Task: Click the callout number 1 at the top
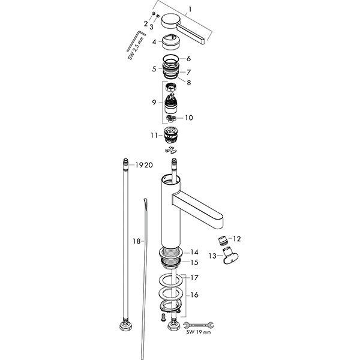click(x=190, y=10)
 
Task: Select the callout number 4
click(x=154, y=42)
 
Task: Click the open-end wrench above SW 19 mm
click(x=199, y=325)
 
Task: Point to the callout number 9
click(x=154, y=103)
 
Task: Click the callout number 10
click(x=189, y=118)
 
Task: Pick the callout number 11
click(x=154, y=136)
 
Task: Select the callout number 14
click(x=194, y=253)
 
